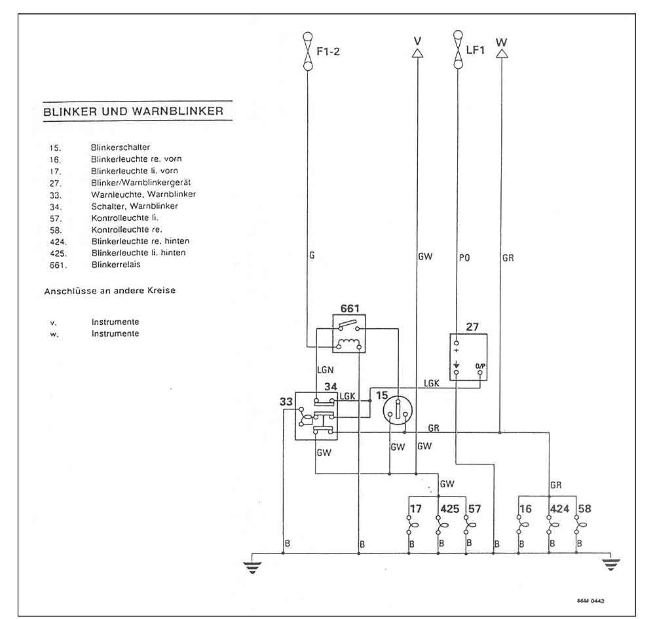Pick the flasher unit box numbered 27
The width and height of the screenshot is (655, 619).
pyautogui.click(x=470, y=357)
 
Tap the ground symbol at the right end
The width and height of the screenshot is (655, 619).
pyautogui.click(x=611, y=565)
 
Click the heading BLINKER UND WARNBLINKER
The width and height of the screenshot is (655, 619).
pyautogui.click(x=133, y=111)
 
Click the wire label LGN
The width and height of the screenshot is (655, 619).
pyautogui.click(x=325, y=370)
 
